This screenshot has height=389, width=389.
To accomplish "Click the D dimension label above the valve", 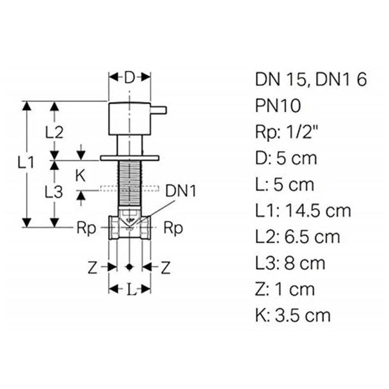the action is [129, 77].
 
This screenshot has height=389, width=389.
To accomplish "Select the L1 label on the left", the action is [26, 163].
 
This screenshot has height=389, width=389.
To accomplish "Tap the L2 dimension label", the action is [54, 132].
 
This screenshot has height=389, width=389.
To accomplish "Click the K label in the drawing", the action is [80, 176].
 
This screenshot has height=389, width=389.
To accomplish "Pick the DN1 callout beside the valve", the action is [180, 191].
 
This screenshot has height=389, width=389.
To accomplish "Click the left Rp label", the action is [86, 228].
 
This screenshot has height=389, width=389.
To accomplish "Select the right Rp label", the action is [173, 228].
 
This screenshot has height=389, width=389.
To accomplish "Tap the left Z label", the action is [93, 267].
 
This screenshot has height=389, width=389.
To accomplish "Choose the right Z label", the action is [166, 267].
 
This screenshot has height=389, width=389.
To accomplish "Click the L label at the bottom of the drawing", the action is [132, 289].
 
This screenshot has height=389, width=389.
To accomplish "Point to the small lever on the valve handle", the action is [159, 111].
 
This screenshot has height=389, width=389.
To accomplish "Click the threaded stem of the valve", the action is [130, 184].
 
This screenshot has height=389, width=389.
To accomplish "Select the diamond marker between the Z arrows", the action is [129, 267].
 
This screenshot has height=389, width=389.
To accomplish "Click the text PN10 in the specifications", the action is [278, 106].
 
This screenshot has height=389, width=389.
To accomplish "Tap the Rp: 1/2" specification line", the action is [287, 132].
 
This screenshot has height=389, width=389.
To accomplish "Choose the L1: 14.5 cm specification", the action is [303, 210].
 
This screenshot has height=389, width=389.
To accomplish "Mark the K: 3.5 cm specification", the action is [293, 315].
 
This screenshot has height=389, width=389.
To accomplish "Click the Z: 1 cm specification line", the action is [285, 289].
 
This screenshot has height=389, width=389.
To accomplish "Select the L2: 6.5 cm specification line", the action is [298, 237].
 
